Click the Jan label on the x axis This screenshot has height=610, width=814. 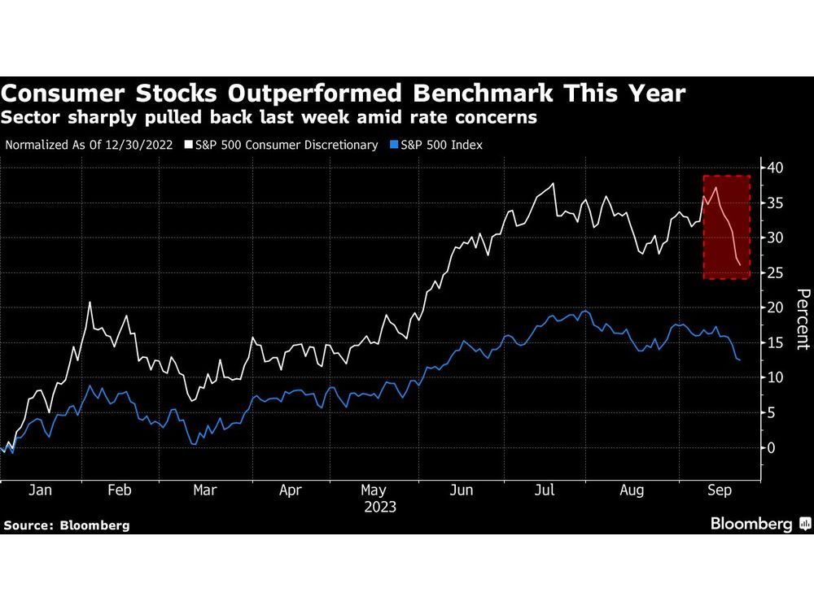pyautogui.click(x=40, y=490)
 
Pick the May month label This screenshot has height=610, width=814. pyautogui.click(x=374, y=490)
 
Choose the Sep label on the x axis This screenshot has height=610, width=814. pyautogui.click(x=717, y=490)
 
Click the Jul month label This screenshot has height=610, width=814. pyautogui.click(x=545, y=490)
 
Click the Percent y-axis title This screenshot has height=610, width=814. pyautogui.click(x=802, y=319)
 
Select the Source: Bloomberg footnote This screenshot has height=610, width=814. pyautogui.click(x=67, y=525)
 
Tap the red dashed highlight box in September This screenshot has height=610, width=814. pyautogui.click(x=726, y=227)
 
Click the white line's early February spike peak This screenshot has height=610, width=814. pyautogui.click(x=89, y=303)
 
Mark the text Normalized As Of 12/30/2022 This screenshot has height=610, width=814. pyautogui.click(x=92, y=145)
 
